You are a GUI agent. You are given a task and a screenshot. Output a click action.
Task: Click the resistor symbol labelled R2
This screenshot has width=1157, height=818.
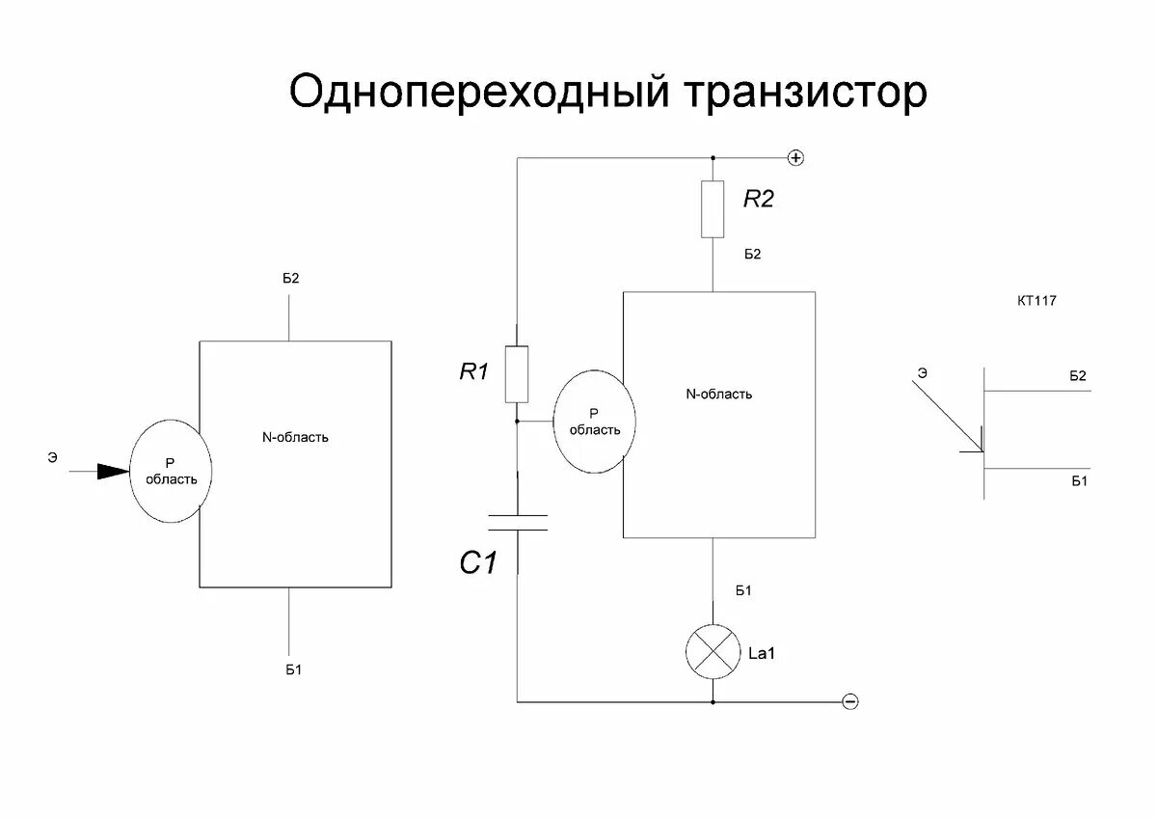coord(713,208)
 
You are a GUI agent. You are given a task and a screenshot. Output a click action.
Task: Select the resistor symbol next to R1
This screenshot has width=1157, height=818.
coord(517,374)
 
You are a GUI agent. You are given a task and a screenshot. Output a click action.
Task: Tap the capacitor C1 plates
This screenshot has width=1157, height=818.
coord(518,523)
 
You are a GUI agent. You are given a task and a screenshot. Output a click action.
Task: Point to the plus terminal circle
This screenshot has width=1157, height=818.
coord(796,157)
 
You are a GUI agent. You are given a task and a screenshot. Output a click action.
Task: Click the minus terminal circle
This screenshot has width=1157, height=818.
coord(849,701)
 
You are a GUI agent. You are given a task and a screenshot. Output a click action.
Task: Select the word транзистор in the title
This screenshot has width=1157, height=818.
coord(806,94)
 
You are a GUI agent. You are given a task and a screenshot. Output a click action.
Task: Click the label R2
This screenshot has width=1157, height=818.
coord(759,200)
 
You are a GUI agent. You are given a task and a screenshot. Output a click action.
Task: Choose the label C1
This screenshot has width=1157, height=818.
coord(478,562)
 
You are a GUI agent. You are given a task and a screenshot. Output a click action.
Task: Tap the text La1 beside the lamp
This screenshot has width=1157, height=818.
coord(762,654)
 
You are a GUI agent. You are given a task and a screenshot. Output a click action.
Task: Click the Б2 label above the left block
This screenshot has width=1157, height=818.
coord(291,278)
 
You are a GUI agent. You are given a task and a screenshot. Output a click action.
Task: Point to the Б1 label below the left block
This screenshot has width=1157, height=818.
coord(294,669)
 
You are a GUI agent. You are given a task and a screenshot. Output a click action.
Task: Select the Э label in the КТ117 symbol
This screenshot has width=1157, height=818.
coord(923,371)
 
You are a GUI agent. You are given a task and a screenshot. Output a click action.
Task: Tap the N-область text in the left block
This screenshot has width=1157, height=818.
coord(296,437)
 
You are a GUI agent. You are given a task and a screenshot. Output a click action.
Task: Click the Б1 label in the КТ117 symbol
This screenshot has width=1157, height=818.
coord(1078,480)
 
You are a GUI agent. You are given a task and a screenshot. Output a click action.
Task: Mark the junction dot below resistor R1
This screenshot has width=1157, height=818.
coord(517,422)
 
